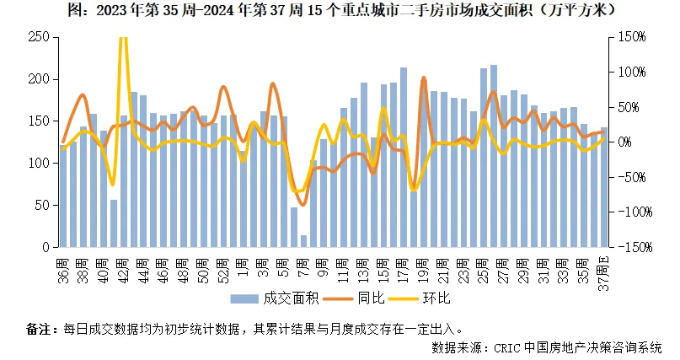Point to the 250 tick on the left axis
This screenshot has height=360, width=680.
pos(38,37)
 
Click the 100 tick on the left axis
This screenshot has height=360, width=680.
pos(38,164)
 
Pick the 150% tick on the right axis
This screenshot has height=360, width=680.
pos(634,37)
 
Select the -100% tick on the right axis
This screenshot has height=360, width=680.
pos(632,212)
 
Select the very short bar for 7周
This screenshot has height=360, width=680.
pos(303,241)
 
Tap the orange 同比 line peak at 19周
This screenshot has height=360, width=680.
pos(424,78)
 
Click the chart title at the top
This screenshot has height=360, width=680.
pos(340,11)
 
